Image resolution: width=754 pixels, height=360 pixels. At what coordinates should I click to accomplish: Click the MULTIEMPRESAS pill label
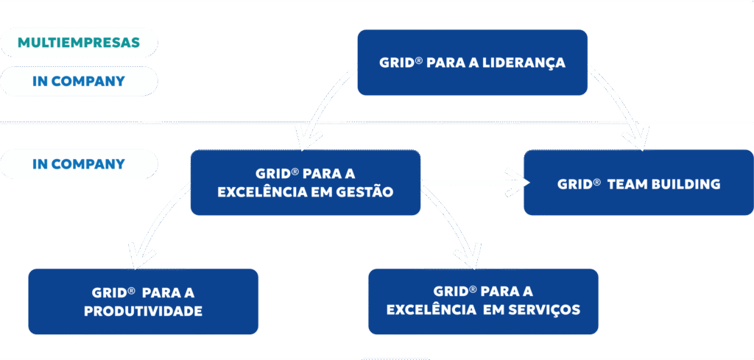[79, 43]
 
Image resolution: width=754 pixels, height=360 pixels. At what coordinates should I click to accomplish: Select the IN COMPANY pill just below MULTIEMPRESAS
[79, 81]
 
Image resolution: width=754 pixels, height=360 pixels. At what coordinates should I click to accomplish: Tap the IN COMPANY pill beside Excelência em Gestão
[79, 163]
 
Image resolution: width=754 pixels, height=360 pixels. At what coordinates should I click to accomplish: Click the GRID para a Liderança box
[472, 63]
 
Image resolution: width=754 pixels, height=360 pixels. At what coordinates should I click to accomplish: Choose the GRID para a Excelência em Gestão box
[305, 183]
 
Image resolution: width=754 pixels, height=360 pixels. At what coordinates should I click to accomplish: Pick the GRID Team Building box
[638, 183]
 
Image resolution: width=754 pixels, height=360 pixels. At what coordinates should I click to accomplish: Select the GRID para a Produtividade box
[143, 301]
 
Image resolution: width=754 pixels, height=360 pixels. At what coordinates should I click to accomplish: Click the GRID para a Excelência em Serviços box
[483, 301]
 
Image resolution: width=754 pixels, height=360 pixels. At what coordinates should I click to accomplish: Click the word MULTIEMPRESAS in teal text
[79, 43]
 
